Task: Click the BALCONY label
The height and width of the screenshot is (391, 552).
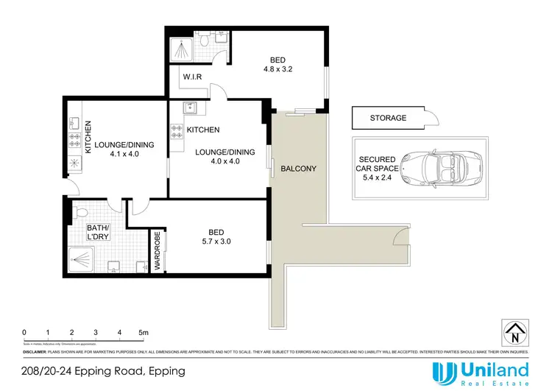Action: tap(299, 169)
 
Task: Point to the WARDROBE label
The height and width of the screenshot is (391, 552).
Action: tap(157, 253)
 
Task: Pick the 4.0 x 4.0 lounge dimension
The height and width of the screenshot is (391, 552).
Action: tap(224, 162)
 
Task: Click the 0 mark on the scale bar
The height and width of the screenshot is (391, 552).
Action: tap(24, 332)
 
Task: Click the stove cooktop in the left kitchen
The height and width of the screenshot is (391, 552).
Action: tap(74, 138)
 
